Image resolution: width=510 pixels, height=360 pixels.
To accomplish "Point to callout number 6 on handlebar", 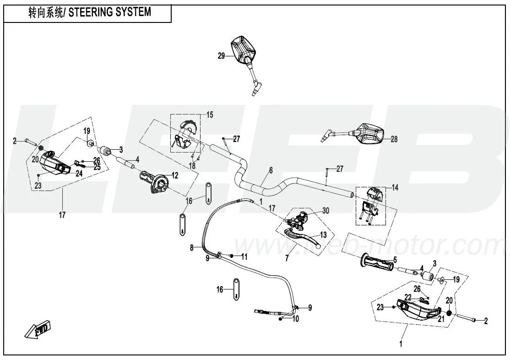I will click(x=271, y=170).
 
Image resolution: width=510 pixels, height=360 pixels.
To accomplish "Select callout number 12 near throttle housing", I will click(x=174, y=175).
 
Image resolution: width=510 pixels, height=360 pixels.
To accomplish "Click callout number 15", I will click(x=210, y=115).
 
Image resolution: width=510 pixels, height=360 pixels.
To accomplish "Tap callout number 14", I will click(x=395, y=187).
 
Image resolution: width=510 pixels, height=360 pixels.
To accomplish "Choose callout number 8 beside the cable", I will click(x=192, y=248).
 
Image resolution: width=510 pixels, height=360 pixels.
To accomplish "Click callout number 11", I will click(x=244, y=257).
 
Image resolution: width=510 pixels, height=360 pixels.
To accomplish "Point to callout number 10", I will click(x=295, y=319).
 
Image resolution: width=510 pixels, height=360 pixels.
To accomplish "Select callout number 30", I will click(x=326, y=211).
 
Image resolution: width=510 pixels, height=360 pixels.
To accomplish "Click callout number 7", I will click(x=287, y=258).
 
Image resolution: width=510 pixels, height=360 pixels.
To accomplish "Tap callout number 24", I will click(x=79, y=174).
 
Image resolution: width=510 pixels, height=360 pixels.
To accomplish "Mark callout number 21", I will click(x=441, y=319).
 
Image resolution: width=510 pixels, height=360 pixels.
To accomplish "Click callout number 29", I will click(x=221, y=56).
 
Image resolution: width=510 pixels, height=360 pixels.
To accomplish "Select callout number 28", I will click(x=394, y=140).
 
